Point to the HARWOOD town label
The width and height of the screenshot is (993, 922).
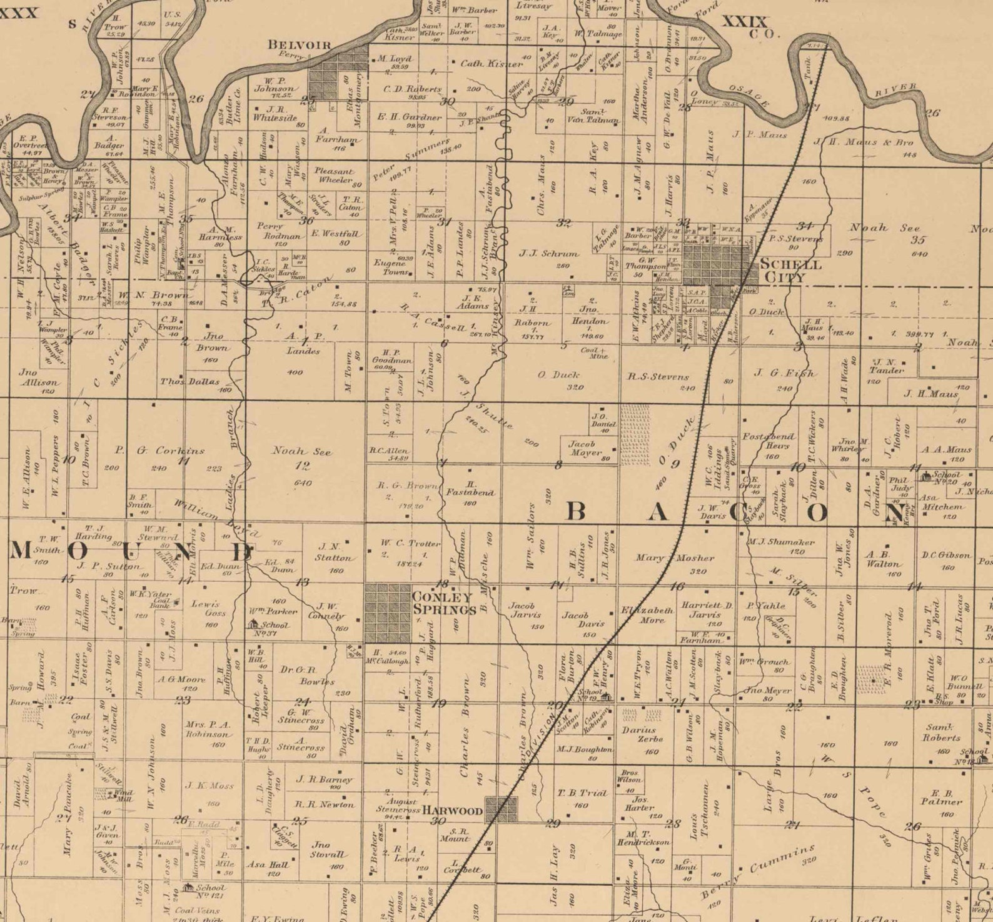(453, 811)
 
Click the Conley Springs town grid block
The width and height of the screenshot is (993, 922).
(388, 613)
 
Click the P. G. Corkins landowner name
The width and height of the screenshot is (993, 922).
(159, 450)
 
